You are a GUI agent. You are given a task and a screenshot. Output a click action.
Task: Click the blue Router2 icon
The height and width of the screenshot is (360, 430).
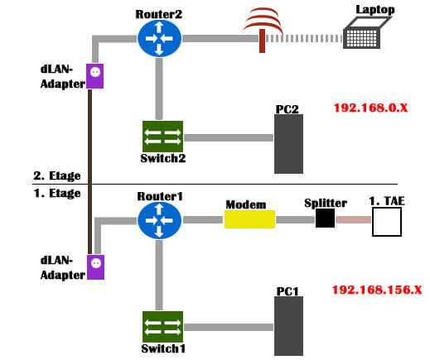pyautogui.click(x=159, y=38)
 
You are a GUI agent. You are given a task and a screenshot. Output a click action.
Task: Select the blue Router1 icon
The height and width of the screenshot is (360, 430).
pyautogui.click(x=159, y=220)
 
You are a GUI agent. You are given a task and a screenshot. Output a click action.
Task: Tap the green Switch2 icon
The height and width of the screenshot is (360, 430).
pyautogui.click(x=162, y=137)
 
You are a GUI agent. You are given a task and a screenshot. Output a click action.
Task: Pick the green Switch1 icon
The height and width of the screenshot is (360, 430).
pyautogui.click(x=162, y=327)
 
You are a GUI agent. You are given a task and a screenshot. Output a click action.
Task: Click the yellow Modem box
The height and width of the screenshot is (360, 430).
pyautogui.click(x=249, y=219)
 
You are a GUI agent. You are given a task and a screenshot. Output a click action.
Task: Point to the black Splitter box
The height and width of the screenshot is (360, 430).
pyautogui.click(x=325, y=218)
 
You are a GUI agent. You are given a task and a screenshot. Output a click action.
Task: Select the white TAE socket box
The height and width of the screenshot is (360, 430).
pyautogui.click(x=387, y=222)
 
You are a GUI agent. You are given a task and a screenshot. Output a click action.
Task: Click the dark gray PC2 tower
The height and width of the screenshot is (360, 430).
pyautogui.click(x=288, y=144)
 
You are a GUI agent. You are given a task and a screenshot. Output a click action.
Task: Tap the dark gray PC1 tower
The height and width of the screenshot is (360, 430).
pyautogui.click(x=288, y=326)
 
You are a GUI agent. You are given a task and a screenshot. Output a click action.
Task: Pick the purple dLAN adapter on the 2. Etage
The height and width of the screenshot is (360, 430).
pyautogui.click(x=95, y=76)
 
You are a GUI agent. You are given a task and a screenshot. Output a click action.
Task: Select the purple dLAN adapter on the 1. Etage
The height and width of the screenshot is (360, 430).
pyautogui.click(x=95, y=267)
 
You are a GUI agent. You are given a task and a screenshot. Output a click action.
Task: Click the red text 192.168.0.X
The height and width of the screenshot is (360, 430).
pyautogui.click(x=370, y=108)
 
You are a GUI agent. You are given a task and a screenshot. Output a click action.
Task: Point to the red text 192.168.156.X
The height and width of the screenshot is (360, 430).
pyautogui.click(x=377, y=290)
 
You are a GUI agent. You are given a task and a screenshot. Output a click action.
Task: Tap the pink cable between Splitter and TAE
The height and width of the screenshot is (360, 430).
pyautogui.click(x=354, y=219)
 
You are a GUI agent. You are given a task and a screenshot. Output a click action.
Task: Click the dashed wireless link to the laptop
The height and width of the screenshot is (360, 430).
pyautogui.click(x=304, y=38)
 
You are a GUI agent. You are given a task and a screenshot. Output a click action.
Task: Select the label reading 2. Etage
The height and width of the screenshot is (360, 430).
pyautogui.click(x=57, y=176)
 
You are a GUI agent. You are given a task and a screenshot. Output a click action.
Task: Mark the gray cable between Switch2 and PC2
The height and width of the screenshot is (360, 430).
pyautogui.click(x=229, y=137)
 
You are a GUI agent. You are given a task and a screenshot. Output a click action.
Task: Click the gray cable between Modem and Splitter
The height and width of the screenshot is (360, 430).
pyautogui.click(x=296, y=219)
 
